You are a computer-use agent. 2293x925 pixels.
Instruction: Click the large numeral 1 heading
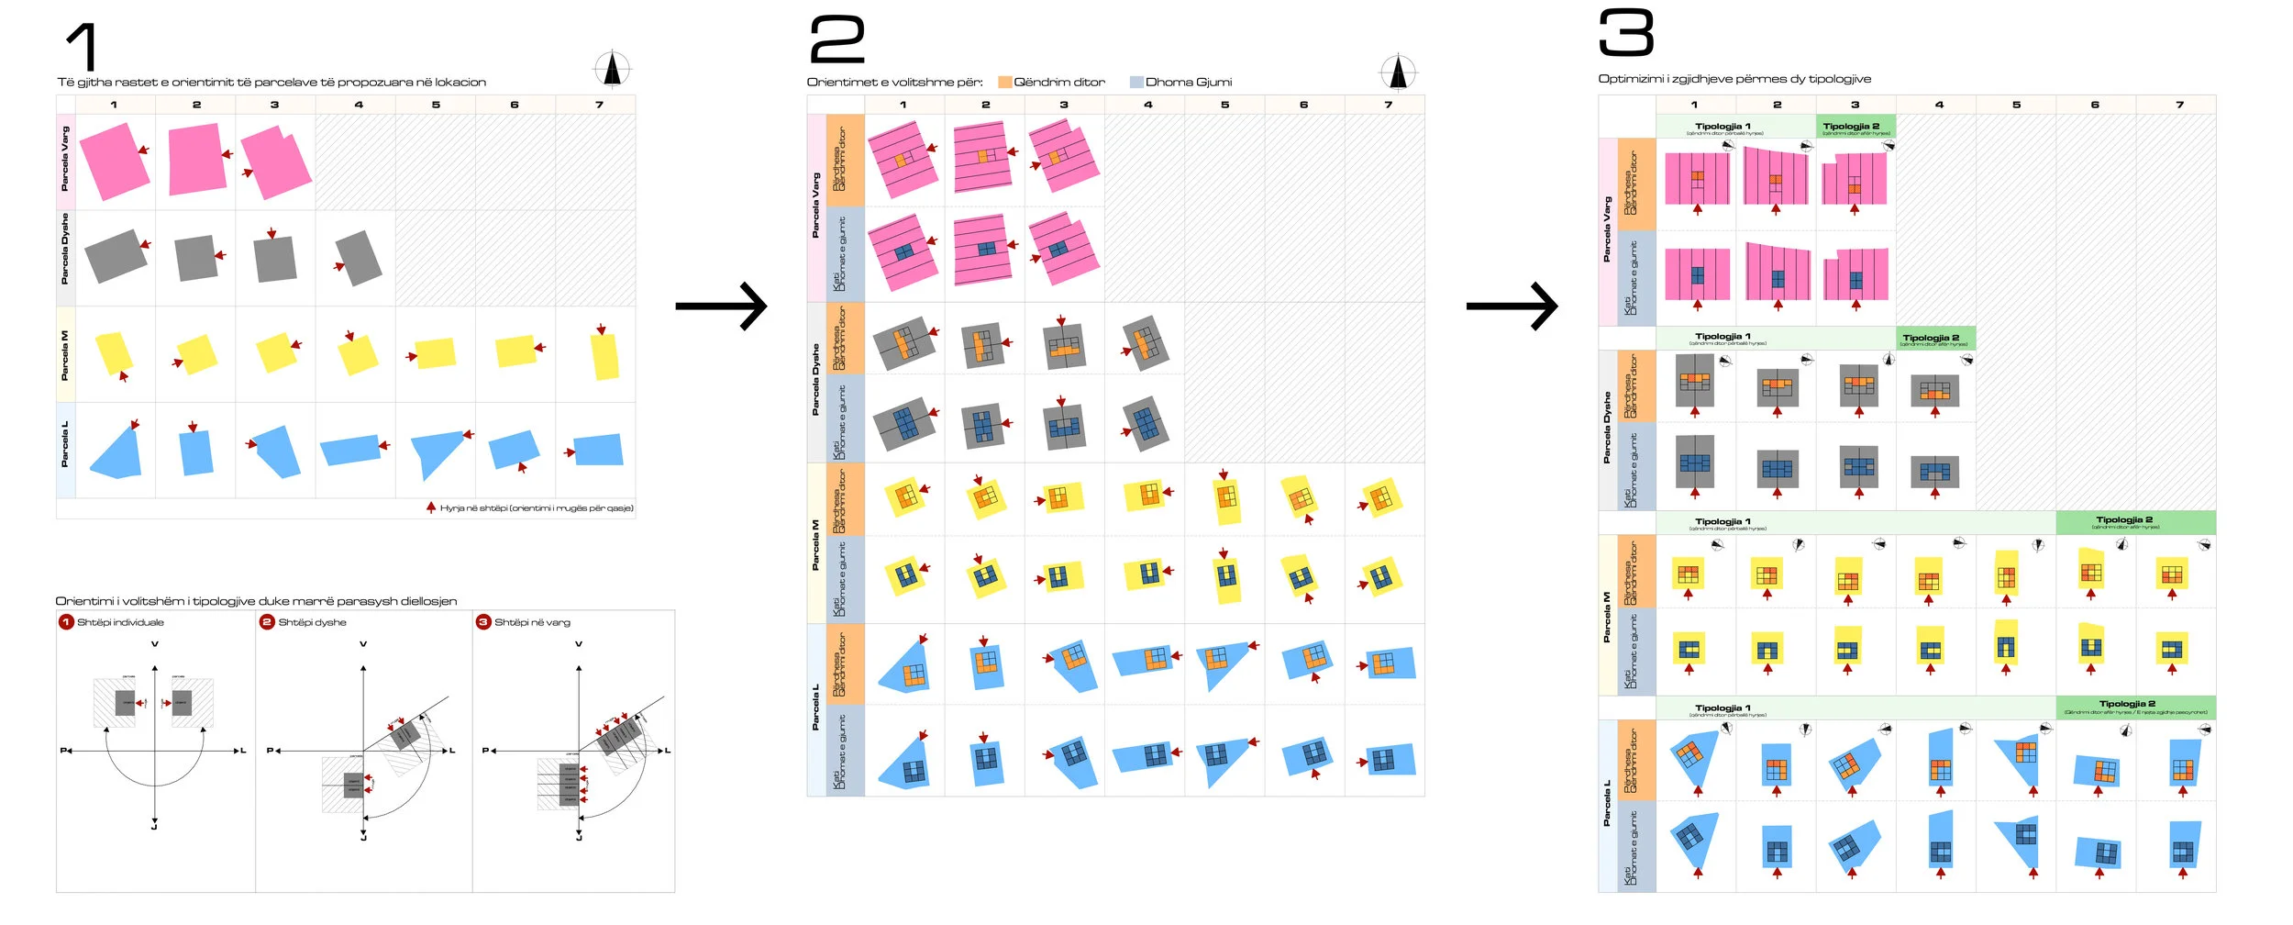83,47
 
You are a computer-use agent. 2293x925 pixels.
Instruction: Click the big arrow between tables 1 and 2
721,306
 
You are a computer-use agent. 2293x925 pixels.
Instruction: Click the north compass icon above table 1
612,69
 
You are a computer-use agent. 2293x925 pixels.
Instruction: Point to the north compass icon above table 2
1398,72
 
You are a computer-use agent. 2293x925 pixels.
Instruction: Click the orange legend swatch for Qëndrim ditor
1004,83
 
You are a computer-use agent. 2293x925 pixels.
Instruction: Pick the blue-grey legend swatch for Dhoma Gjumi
1136,83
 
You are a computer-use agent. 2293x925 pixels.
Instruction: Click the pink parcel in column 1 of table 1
114,162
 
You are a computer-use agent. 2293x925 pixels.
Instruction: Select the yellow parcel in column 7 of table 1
604,356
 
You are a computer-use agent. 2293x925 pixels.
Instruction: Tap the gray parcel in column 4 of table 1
359,258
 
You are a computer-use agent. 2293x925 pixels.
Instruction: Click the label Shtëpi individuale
120,622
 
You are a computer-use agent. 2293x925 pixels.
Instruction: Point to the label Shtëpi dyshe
312,622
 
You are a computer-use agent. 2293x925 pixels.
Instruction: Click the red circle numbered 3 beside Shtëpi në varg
483,622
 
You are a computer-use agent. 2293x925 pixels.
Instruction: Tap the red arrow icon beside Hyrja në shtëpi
431,507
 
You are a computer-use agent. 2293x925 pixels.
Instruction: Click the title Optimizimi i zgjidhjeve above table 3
1734,79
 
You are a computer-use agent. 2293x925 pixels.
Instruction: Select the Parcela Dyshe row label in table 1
65,249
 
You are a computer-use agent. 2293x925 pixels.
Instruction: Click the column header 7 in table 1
599,105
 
